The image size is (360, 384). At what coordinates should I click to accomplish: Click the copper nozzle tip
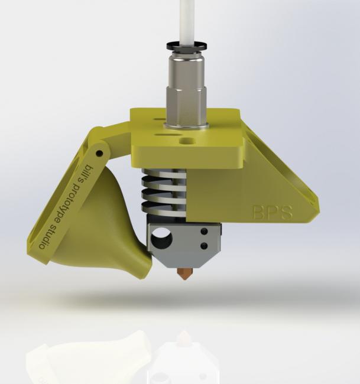click(184, 273)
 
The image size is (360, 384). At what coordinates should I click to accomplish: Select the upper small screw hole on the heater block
click(203, 232)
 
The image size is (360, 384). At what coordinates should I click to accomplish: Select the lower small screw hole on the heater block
click(203, 245)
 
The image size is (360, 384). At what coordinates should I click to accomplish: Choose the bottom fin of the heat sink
click(164, 207)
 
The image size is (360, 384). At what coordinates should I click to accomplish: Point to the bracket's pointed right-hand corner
click(316, 210)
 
